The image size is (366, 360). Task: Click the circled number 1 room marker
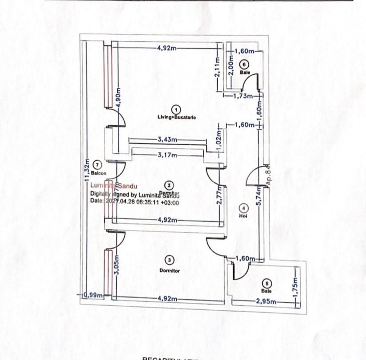pos(176,109)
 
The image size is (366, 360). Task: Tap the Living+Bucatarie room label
pos(177,117)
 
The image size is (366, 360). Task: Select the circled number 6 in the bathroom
pos(242,64)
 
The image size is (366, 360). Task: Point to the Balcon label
pos(99,173)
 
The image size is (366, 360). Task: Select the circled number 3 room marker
pos(170,260)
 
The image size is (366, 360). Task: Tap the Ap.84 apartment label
pos(268,174)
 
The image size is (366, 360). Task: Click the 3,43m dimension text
pos(167,140)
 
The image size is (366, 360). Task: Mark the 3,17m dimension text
pos(168,155)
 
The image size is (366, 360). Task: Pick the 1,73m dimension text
pos(243,95)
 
